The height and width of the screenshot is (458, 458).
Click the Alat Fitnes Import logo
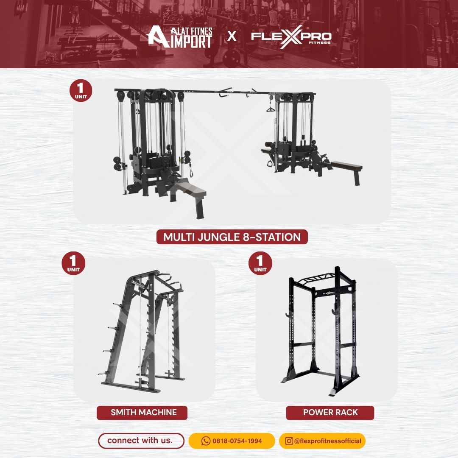[179, 37]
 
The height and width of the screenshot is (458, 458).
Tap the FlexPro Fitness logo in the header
[291, 37]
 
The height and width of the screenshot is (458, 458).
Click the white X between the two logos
[232, 36]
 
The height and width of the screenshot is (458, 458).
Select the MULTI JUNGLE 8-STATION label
[232, 237]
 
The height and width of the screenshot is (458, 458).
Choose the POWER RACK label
[330, 413]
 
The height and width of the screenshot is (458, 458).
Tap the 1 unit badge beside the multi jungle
[81, 91]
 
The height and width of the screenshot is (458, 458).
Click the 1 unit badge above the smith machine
[73, 263]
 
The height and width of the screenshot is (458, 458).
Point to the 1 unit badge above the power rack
[260, 263]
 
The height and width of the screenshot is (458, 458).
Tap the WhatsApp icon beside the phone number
[206, 441]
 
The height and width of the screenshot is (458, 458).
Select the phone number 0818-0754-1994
[237, 441]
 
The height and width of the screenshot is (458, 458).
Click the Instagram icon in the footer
[289, 441]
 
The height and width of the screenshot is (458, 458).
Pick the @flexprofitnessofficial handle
[328, 441]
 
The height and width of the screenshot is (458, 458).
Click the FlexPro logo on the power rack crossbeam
[329, 293]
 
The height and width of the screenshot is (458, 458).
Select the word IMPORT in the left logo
[193, 42]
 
